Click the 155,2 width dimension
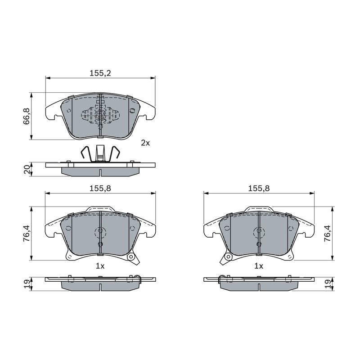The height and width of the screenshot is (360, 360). click(100, 73)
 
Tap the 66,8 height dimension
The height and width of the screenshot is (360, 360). click(27, 117)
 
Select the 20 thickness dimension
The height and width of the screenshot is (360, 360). click(27, 170)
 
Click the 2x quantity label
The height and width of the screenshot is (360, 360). click(145, 143)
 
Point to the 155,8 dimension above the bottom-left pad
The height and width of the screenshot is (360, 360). click(100, 188)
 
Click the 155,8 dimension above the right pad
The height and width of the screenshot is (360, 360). click(259, 188)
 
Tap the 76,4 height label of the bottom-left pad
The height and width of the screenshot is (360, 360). click(27, 233)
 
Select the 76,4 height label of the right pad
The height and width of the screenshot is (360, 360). click(327, 233)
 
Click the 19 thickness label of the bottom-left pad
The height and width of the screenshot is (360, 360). click(27, 284)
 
